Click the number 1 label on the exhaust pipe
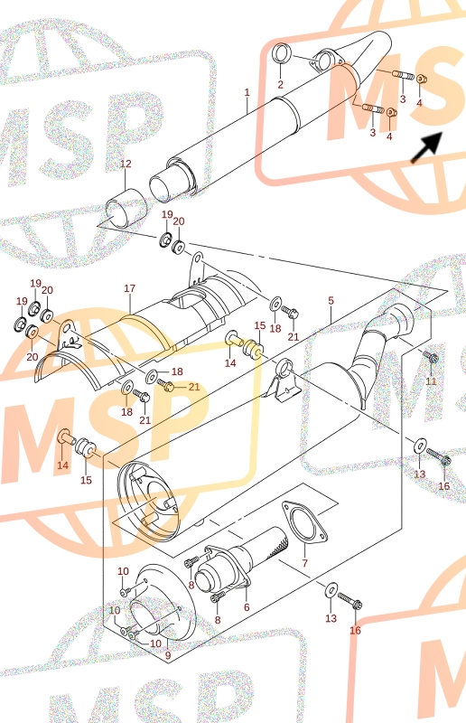pyautogui.click(x=247, y=92)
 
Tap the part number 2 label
pyautogui.click(x=280, y=84)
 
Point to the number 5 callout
pyautogui.click(x=331, y=301)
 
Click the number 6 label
pyautogui.click(x=247, y=607)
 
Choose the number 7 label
pyautogui.click(x=304, y=563)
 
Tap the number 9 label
pyautogui.click(x=168, y=654)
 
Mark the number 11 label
pyautogui.click(x=431, y=381)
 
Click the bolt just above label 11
pyautogui.click(x=431, y=357)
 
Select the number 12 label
pyautogui.click(x=126, y=164)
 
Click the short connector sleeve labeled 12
pyautogui.click(x=126, y=208)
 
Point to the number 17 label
pyautogui.click(x=130, y=288)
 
